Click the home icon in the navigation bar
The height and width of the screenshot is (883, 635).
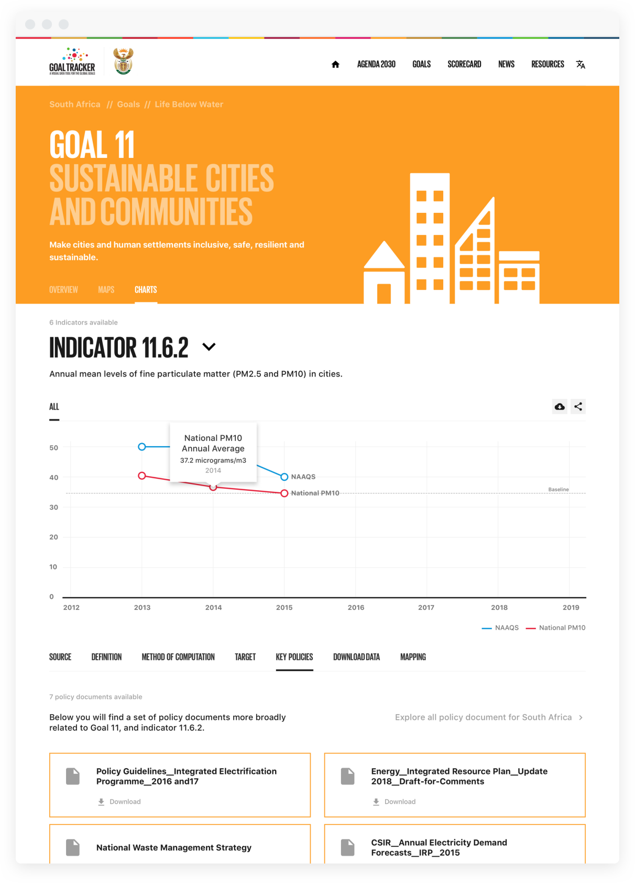pyautogui.click(x=335, y=64)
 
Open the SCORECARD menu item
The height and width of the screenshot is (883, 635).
pyautogui.click(x=464, y=64)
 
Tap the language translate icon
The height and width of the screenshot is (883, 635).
pyautogui.click(x=581, y=64)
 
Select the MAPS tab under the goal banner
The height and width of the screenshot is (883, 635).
pyautogui.click(x=106, y=289)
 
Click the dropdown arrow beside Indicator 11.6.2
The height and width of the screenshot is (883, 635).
pyautogui.click(x=209, y=347)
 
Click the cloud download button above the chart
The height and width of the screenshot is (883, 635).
pyautogui.click(x=560, y=406)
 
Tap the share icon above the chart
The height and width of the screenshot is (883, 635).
pyautogui.click(x=578, y=406)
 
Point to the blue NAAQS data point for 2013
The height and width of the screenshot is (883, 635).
pyautogui.click(x=142, y=447)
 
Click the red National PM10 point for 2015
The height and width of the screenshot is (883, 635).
pyautogui.click(x=284, y=493)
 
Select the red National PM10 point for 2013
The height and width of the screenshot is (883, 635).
pyautogui.click(x=142, y=476)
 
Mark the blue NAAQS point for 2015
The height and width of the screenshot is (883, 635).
pyautogui.click(x=284, y=477)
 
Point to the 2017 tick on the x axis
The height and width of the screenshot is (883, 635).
pyautogui.click(x=426, y=607)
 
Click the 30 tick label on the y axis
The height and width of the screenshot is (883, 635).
pyautogui.click(x=54, y=507)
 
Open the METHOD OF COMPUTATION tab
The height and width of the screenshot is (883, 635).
pyautogui.click(x=178, y=657)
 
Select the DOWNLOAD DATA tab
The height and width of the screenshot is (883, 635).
pyautogui.click(x=356, y=657)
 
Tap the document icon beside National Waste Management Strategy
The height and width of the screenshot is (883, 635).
pyautogui.click(x=73, y=847)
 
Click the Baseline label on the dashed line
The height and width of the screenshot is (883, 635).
pyautogui.click(x=559, y=490)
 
